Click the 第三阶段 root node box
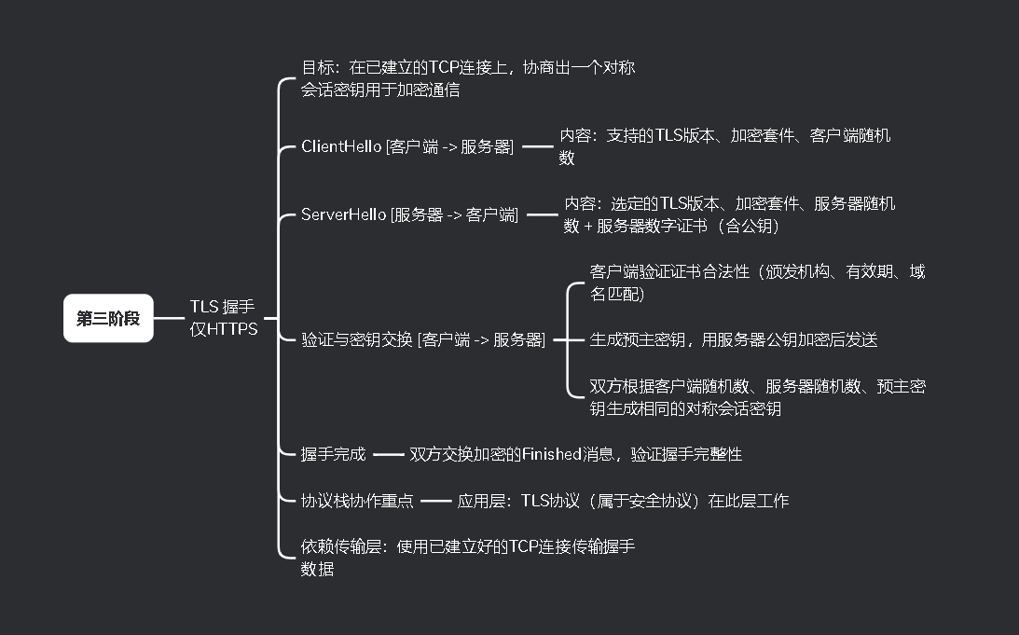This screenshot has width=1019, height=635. pos(108,318)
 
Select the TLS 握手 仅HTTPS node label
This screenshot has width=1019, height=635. pos(224,318)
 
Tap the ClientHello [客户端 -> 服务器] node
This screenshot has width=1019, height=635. pos(407,146)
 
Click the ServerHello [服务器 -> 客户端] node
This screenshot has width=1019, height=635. pos(409,215)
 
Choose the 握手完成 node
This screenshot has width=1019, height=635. pos(333,455)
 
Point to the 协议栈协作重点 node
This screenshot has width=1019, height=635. pos(357,501)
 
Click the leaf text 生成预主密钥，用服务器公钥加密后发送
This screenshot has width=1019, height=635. pos(734,340)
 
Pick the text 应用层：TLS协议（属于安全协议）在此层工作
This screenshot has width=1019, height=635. pos(623,501)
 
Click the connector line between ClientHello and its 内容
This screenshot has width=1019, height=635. pos(537,146)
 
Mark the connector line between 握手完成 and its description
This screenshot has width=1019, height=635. pos(389,455)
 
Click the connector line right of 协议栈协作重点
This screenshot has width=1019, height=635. pos(435,501)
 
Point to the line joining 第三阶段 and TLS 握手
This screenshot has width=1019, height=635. pos(170,318)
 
